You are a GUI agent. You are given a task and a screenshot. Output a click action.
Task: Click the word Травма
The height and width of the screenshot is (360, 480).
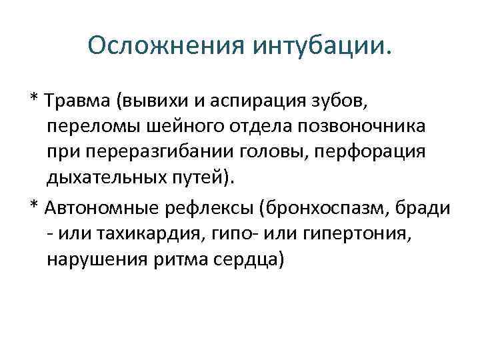click(78, 102)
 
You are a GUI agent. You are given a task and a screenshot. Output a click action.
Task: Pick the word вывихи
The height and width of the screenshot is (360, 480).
click(157, 102)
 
